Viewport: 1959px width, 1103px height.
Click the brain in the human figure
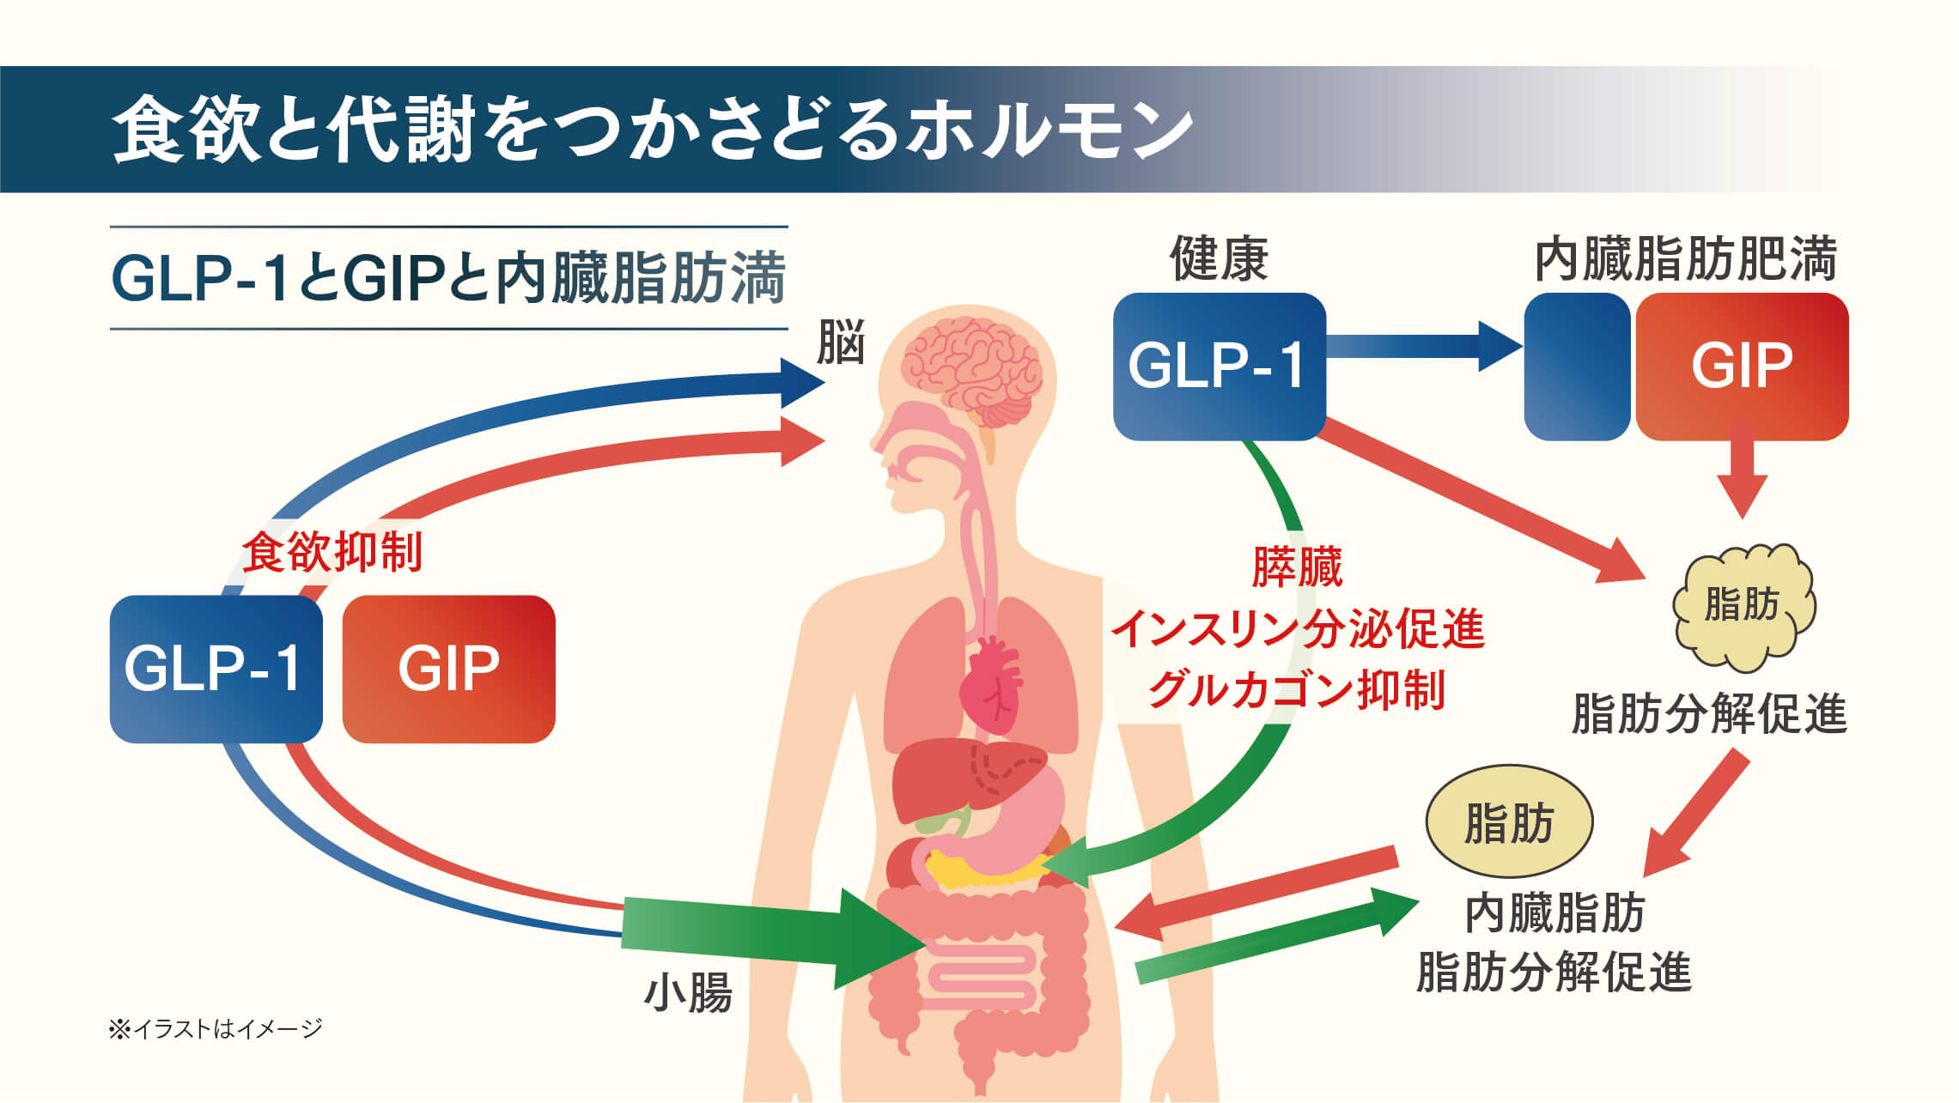[x=972, y=369]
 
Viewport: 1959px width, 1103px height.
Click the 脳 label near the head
[x=841, y=342]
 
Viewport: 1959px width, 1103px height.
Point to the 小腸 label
[x=688, y=993]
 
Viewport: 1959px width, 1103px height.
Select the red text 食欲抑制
[x=332, y=552]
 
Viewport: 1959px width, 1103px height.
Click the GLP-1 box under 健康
[x=1219, y=367]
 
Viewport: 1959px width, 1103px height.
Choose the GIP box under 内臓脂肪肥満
[x=1742, y=367]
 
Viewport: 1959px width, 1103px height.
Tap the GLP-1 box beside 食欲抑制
[x=216, y=669]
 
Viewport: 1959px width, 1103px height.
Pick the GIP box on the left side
[x=448, y=669]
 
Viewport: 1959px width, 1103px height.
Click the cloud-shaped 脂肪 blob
[x=1743, y=606]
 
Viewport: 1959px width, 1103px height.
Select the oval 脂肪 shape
[x=1509, y=821]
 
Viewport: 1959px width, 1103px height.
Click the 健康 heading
[x=1219, y=258]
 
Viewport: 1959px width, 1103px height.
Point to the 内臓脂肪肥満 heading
[x=1685, y=258]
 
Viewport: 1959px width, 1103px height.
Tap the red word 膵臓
[x=1297, y=567]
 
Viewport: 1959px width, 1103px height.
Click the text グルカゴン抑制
[x=1297, y=689]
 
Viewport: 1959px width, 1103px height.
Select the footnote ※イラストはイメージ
[x=216, y=1027]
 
